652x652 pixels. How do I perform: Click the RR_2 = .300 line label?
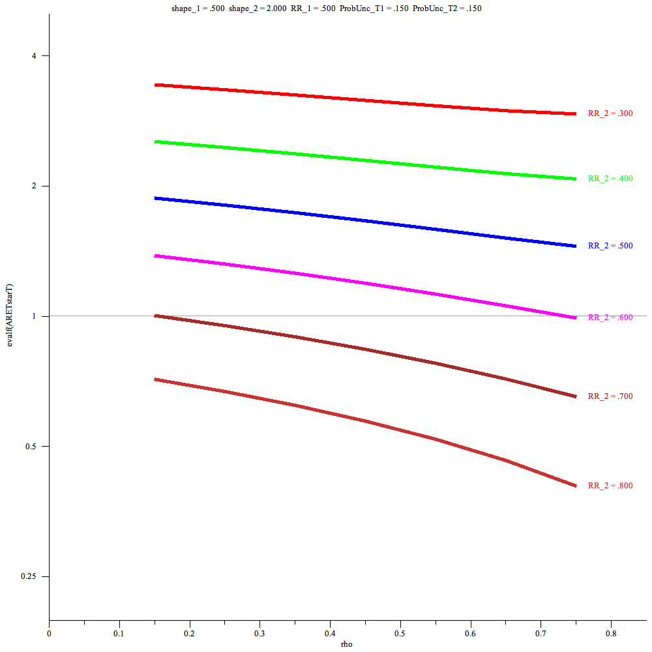coord(610,113)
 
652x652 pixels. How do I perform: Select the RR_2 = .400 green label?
coord(610,179)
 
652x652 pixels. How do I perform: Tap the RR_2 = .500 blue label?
coord(610,246)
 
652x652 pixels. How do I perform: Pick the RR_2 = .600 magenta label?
coord(610,318)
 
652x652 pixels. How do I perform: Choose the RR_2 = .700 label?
coord(610,396)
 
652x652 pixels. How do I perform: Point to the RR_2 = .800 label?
coord(610,486)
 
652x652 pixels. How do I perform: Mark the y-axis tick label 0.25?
coord(31,576)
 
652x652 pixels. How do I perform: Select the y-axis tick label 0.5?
coord(33,447)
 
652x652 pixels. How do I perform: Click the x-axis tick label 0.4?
coord(330,632)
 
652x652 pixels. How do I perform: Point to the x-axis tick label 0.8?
coord(611,632)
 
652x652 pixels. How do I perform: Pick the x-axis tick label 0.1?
coord(119,632)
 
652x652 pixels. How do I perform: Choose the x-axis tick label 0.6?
coord(470,632)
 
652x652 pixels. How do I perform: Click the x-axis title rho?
coord(348,644)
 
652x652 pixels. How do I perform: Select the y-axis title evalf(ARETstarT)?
coord(9,316)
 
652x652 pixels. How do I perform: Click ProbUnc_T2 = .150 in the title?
coord(447,8)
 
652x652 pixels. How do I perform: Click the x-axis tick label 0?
coord(49,632)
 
